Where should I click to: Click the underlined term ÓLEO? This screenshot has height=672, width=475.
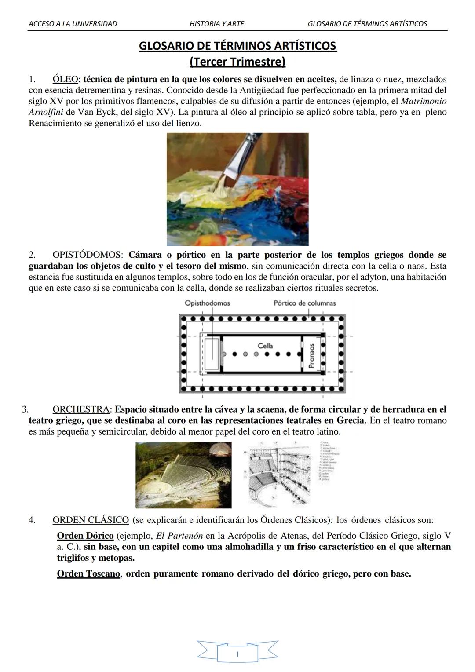[65, 80]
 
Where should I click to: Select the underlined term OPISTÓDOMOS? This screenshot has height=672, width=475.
[87, 255]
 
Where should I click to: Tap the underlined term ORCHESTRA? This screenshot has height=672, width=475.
[81, 409]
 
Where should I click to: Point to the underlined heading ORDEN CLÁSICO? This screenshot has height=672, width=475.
[91, 520]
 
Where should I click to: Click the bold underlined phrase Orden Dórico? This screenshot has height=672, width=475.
[85, 536]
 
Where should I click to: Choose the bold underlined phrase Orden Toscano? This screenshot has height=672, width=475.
[88, 574]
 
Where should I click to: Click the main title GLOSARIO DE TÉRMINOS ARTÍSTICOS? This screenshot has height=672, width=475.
[237, 46]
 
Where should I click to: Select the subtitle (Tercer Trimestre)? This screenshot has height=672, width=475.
[237, 62]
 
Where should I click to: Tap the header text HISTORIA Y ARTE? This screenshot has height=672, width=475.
[216, 24]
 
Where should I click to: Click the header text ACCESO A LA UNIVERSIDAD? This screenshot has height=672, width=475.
[73, 24]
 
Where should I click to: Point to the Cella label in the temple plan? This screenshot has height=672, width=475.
[265, 346]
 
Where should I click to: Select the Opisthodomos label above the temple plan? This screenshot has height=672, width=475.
[207, 303]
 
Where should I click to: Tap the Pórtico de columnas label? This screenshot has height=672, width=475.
[304, 303]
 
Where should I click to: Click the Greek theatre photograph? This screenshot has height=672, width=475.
[183, 475]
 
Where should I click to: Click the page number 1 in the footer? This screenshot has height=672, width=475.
[237, 655]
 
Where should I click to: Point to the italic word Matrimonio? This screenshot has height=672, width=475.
[424, 101]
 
